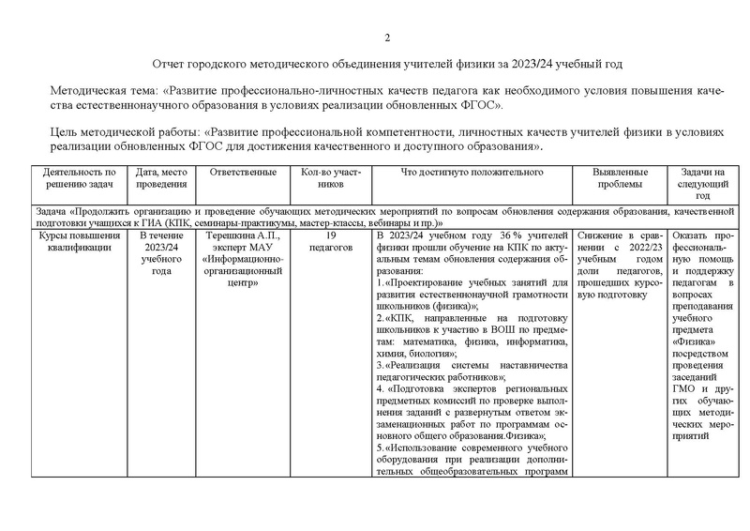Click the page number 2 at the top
387,38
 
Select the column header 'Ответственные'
243,173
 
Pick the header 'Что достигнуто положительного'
472,173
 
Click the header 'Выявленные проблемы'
621,178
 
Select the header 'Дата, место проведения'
161,178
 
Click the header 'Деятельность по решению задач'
79,178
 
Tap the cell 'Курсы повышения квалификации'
79,242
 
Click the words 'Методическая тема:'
104,91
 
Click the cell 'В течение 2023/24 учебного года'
161,253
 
